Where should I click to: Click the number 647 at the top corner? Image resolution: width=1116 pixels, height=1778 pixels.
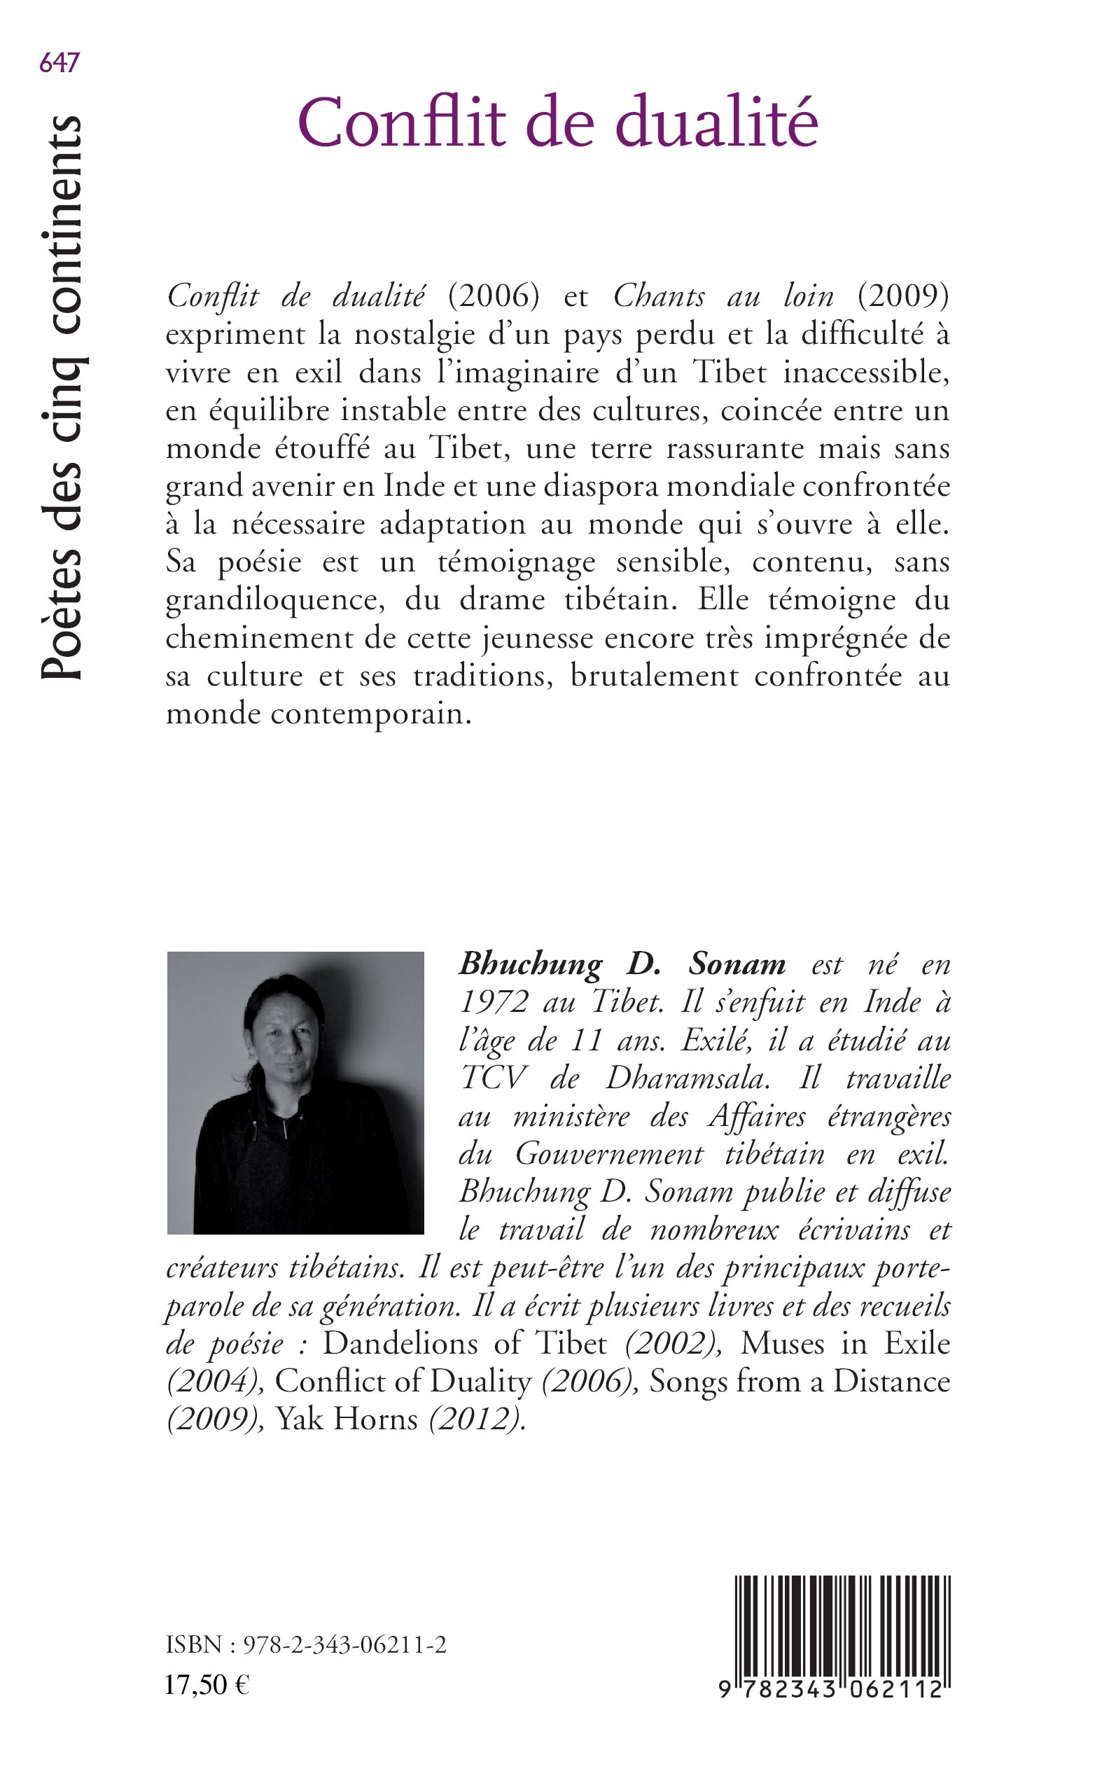click(59, 64)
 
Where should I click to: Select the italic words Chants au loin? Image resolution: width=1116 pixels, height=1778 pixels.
click(723, 297)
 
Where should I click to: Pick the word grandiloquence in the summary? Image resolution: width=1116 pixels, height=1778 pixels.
click(274, 600)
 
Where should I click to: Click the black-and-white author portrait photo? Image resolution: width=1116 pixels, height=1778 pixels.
click(295, 1093)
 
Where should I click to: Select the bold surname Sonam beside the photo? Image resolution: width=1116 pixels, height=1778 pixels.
click(737, 964)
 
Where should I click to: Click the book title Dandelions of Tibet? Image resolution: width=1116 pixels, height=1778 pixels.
click(465, 1342)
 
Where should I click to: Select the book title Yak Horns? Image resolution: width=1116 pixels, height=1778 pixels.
click(346, 1419)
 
